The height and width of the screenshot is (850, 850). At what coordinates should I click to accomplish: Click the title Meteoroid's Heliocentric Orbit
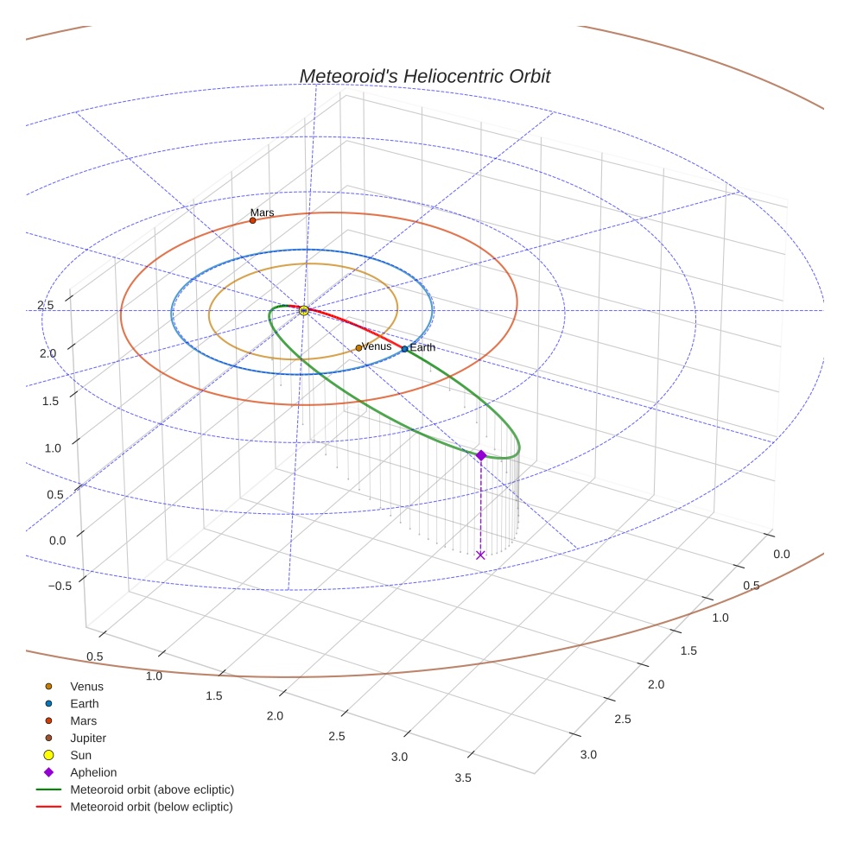coord(424,76)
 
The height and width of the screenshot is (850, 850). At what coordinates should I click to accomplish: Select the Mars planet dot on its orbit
coord(252,220)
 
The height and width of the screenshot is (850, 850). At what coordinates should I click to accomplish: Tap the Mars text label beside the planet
coord(262,212)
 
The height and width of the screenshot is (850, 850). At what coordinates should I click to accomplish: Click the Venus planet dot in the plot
coord(358,348)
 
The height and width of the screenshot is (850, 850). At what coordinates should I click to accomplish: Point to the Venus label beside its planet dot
coord(377,346)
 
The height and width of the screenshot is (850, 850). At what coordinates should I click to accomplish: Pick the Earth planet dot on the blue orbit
coord(404,349)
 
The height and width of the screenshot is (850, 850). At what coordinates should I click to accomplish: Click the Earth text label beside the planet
coord(422,348)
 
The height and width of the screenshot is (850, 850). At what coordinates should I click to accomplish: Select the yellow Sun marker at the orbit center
coord(304,310)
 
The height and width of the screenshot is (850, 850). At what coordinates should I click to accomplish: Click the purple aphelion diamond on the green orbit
coord(481,455)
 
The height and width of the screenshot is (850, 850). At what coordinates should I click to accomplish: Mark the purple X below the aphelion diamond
coord(481,555)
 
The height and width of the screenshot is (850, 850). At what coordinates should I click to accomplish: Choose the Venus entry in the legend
coord(86,687)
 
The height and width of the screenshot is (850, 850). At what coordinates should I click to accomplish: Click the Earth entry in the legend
coord(85,704)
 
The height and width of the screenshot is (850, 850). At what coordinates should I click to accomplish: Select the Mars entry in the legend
coord(83,721)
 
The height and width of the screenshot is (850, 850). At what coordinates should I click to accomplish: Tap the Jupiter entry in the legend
coord(88,739)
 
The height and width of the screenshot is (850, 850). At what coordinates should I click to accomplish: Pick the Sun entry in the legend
coord(80,756)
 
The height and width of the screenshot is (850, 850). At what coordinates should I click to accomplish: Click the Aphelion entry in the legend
coord(93,773)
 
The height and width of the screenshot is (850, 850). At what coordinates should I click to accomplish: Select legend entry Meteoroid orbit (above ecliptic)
coord(152,790)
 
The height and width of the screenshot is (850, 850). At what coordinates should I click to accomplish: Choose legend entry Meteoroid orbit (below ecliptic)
coord(151,807)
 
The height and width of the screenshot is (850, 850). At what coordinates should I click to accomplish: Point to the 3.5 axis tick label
coord(462,778)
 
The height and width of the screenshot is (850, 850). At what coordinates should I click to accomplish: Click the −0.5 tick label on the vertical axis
coord(60,586)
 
